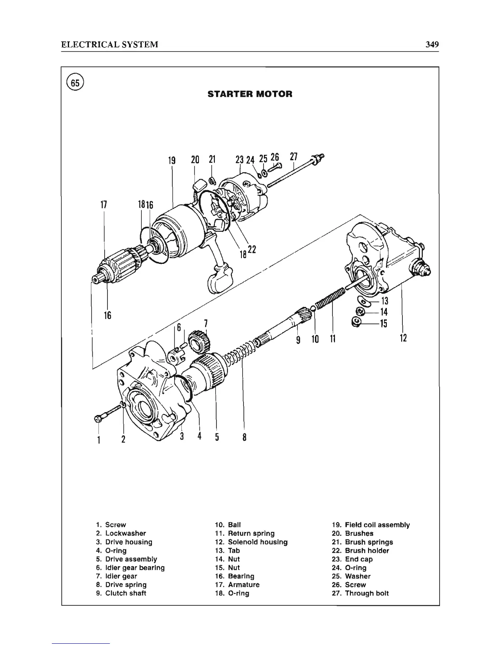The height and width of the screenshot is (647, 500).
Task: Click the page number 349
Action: [431, 45]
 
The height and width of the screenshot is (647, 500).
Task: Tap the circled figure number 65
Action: [76, 83]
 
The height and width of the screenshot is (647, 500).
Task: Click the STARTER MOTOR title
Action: [250, 94]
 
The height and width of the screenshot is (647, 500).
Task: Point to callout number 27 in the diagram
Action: [294, 157]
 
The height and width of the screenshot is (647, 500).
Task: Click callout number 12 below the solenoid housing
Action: [403, 338]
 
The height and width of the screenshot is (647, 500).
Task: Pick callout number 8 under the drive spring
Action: [244, 437]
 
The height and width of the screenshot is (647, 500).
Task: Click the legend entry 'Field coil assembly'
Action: [377, 525]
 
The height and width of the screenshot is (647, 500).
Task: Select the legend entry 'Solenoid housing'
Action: [257, 542]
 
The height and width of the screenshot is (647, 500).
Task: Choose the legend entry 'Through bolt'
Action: [366, 593]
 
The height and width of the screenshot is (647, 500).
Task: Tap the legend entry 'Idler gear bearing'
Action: [135, 568]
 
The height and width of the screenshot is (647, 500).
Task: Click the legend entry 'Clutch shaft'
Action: [125, 593]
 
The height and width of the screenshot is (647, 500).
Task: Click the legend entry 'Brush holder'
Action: [366, 551]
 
